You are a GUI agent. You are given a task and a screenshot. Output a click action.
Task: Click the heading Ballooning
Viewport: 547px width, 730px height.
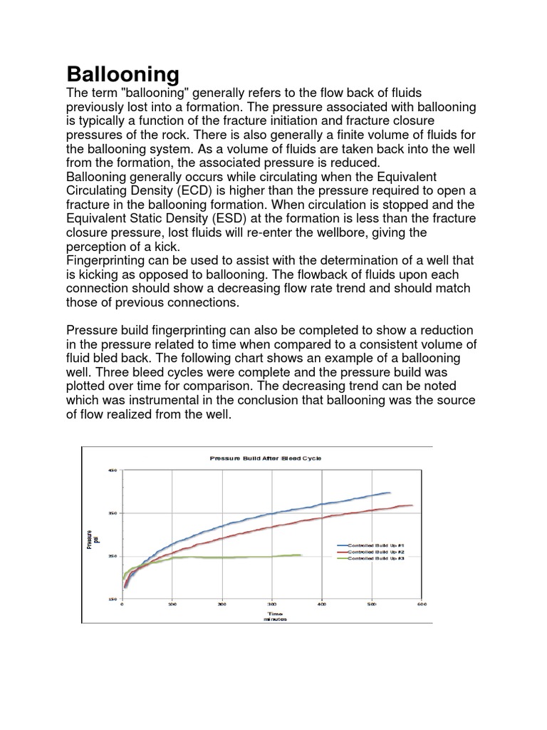tap(123, 73)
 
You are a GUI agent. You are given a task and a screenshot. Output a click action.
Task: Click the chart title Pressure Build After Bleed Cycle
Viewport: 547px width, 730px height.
tap(265, 458)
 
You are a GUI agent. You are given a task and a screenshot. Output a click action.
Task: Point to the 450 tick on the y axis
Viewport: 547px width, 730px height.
tap(112, 470)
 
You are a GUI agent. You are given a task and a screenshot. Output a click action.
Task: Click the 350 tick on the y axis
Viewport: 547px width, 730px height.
tap(112, 513)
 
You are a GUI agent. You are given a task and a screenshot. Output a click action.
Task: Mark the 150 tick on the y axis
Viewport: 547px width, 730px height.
tap(112, 600)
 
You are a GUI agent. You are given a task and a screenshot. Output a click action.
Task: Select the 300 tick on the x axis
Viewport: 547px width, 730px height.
tap(271, 605)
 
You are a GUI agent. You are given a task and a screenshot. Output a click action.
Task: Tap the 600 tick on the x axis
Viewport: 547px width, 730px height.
tap(421, 605)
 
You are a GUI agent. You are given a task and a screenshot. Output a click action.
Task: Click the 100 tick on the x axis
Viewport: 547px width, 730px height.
tap(172, 605)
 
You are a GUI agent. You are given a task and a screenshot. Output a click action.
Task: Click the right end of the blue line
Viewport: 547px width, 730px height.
tap(390, 492)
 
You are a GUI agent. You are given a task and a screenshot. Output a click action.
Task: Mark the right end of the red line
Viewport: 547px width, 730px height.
tap(412, 505)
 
